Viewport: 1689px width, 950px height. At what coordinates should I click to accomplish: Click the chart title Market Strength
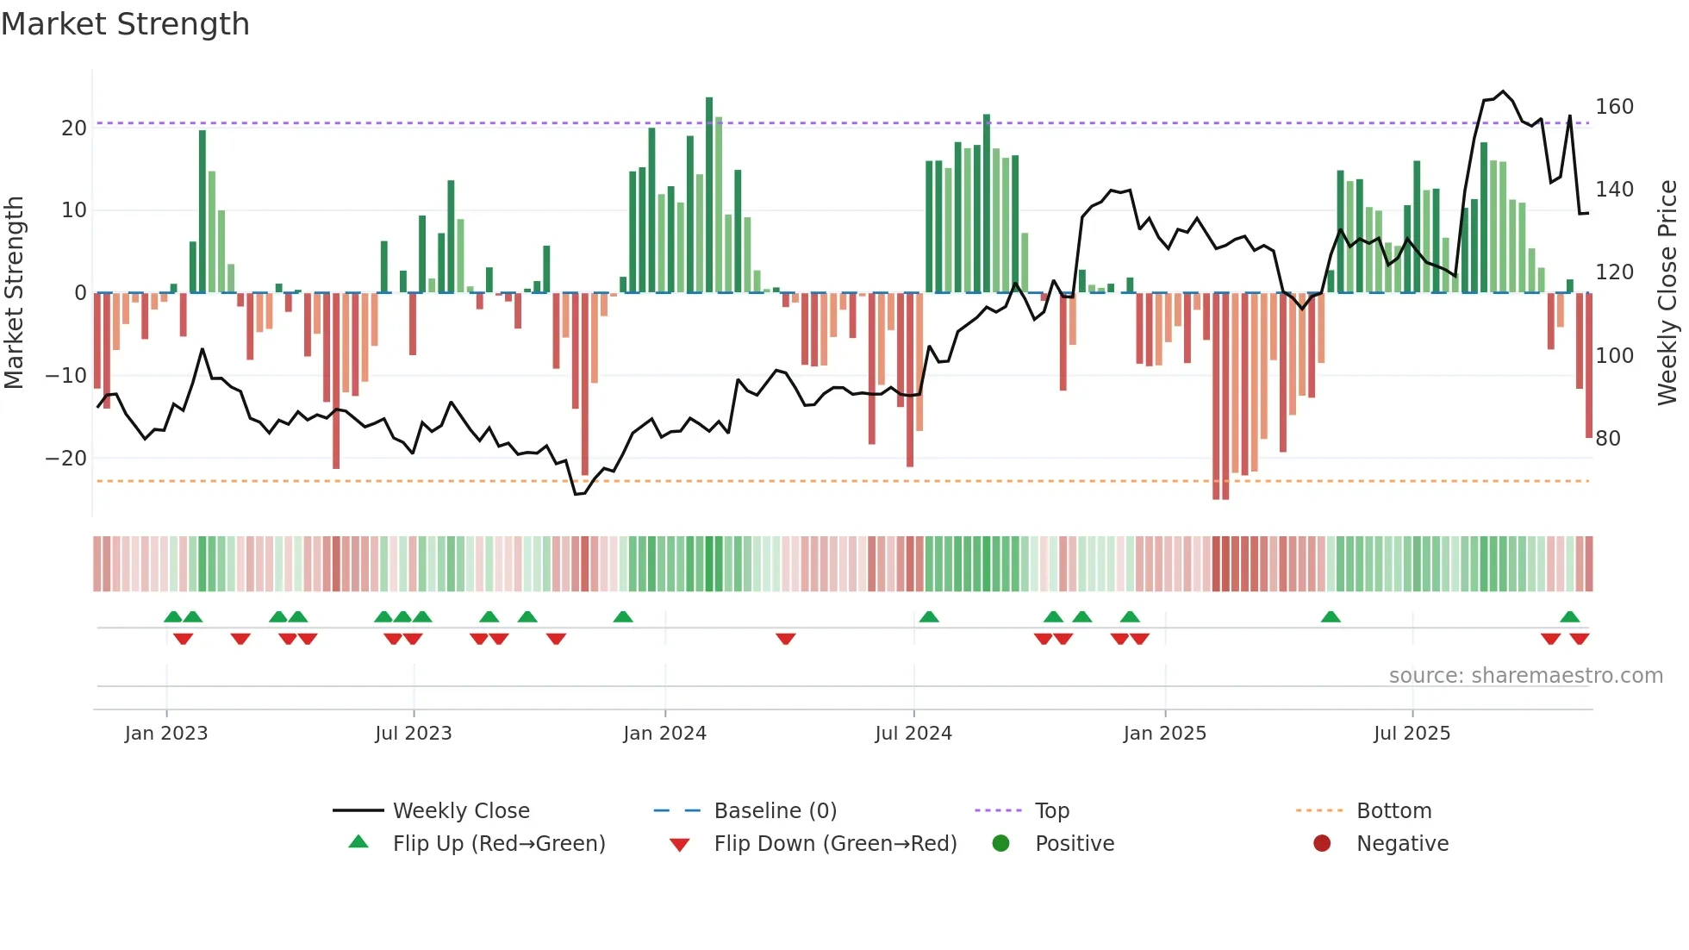125,24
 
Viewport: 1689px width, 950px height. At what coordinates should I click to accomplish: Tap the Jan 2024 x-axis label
664,734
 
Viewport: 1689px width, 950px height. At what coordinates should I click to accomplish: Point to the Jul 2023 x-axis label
413,734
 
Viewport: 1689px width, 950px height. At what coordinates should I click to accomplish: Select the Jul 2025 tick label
1412,734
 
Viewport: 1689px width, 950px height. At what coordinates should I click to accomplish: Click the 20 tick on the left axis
74,128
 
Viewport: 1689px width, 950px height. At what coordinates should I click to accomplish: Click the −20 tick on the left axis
66,459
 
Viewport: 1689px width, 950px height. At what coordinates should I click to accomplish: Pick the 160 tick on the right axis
1614,107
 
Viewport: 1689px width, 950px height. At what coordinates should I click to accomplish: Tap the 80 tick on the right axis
1608,439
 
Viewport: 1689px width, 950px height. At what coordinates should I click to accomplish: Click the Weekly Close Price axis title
1667,293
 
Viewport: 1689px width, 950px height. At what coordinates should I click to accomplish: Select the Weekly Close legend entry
461,811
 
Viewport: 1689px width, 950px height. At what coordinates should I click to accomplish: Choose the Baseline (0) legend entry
775,811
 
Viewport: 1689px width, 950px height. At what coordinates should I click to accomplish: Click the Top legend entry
1051,811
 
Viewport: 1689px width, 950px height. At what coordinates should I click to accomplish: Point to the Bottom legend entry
1393,811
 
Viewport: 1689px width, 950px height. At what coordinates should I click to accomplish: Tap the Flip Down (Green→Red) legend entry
835,844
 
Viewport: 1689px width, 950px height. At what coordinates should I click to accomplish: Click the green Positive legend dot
1000,843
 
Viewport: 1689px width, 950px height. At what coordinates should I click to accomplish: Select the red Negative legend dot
1322,843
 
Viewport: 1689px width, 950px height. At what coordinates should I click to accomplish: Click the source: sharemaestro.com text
1525,676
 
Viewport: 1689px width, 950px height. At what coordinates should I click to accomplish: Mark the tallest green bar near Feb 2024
709,194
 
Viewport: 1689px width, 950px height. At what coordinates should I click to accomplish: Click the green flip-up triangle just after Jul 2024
929,616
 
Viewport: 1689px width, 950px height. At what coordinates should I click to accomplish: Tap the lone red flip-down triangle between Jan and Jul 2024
785,639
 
